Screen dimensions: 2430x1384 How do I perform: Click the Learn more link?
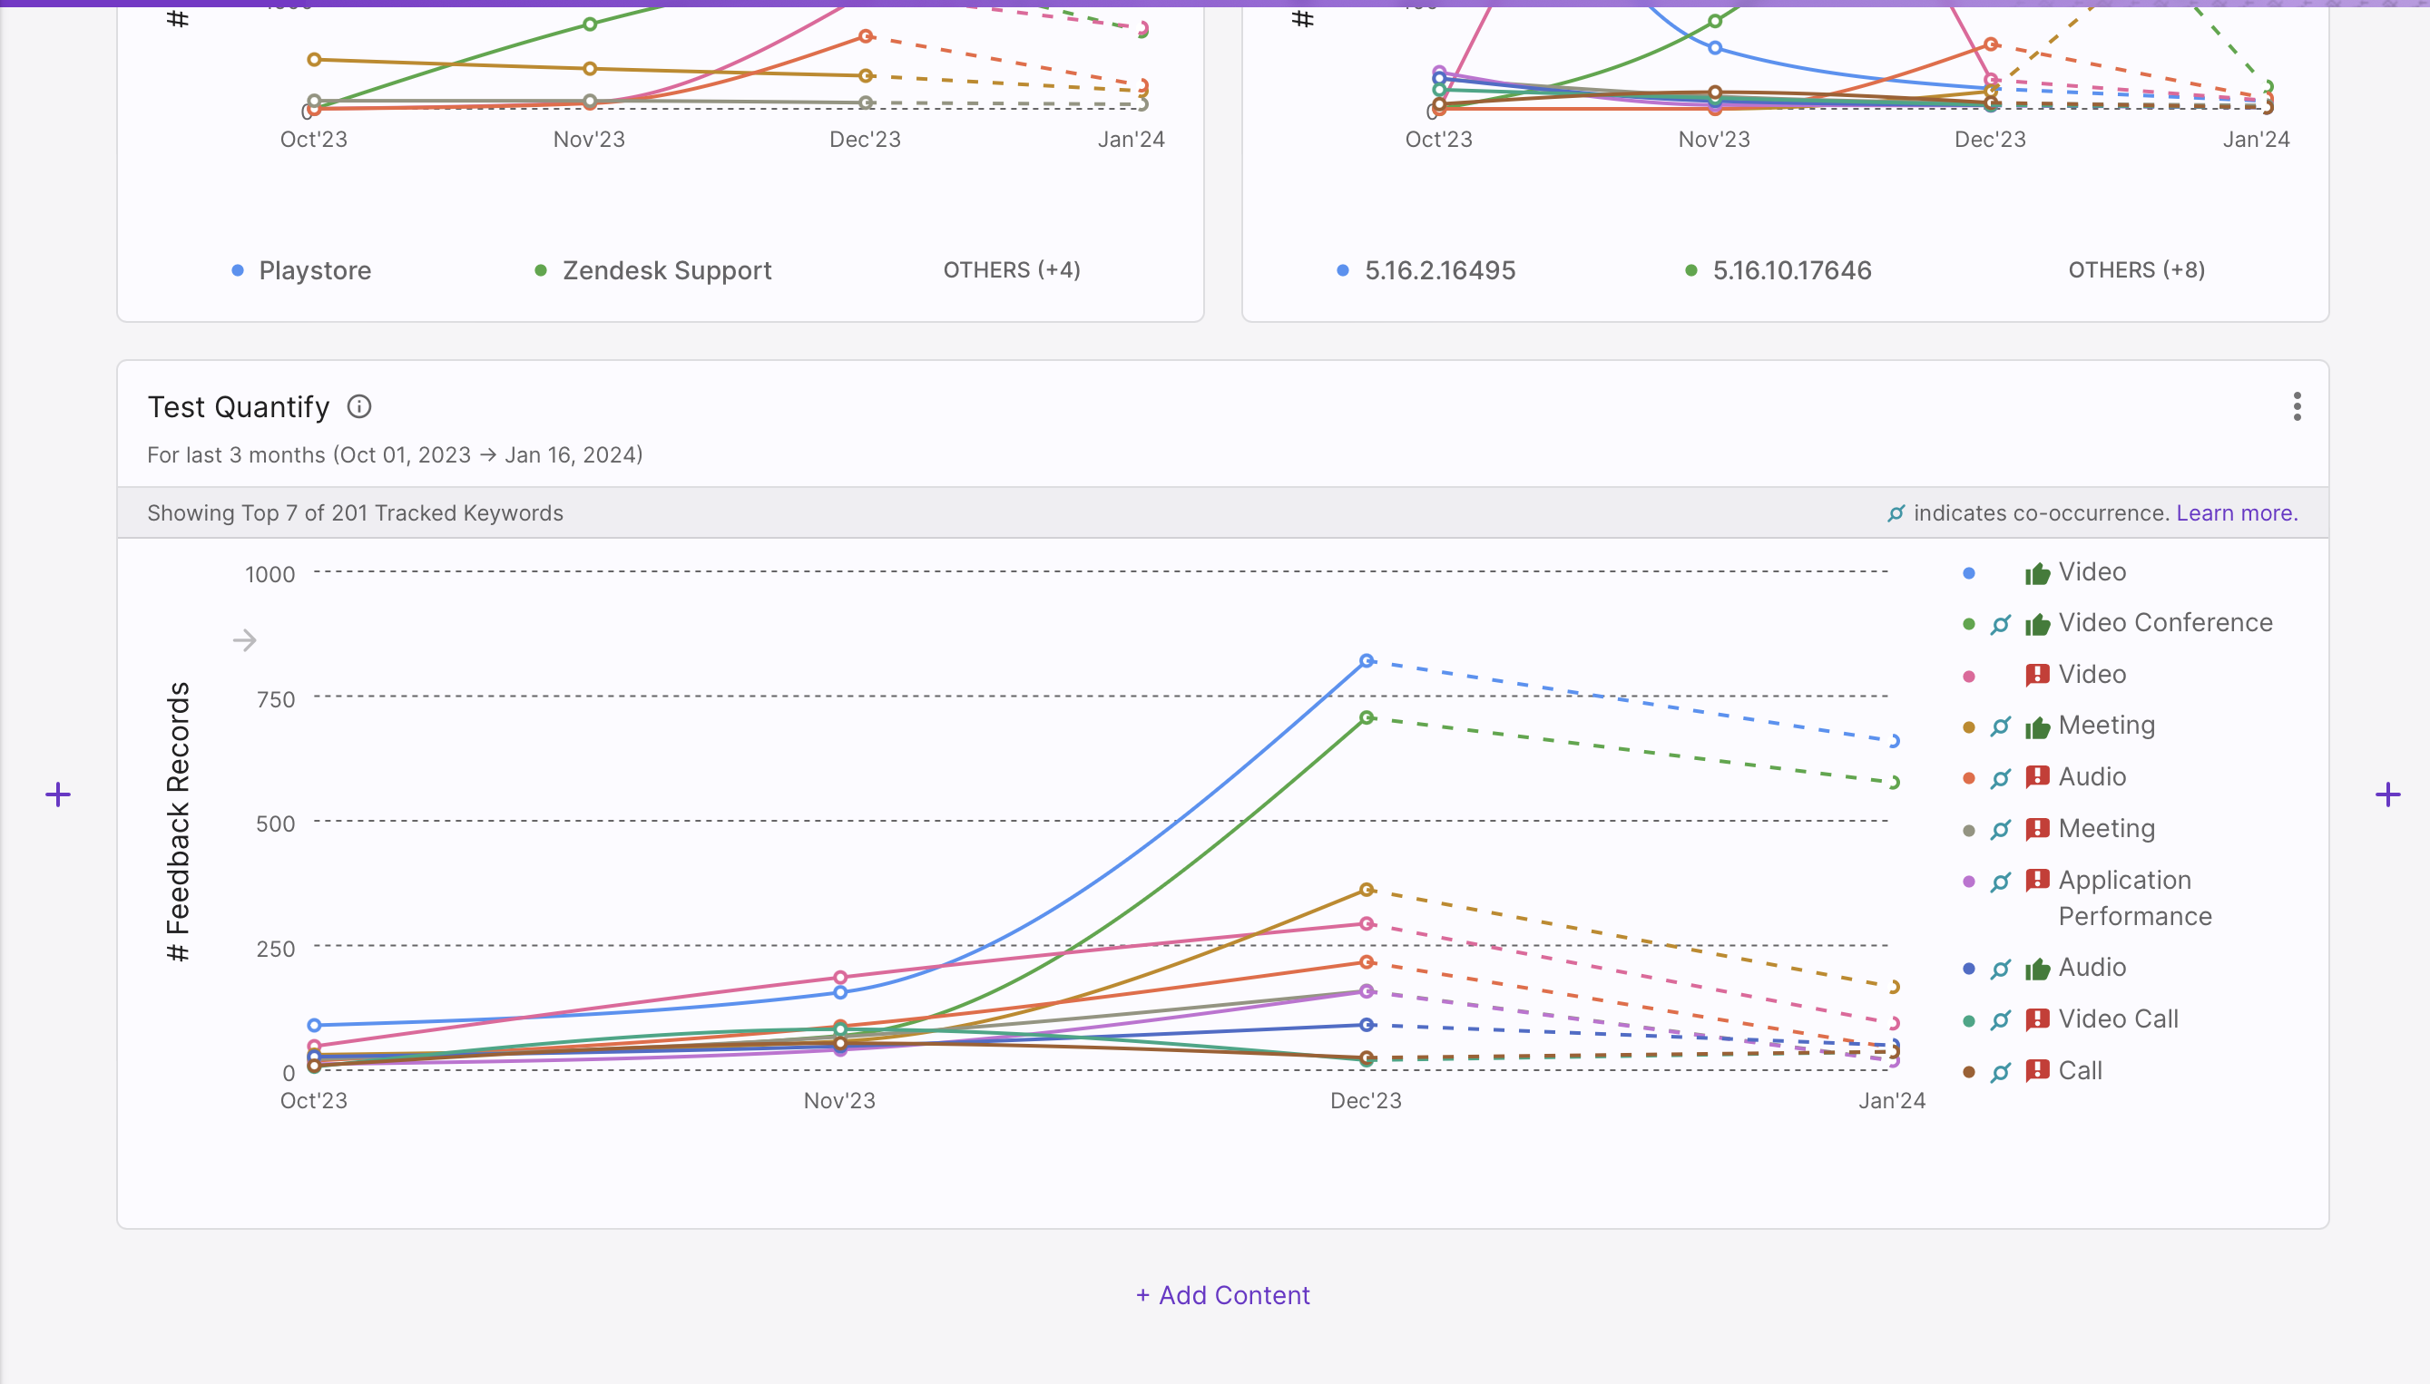click(x=2236, y=513)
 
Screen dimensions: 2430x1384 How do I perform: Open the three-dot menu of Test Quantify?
click(x=2297, y=407)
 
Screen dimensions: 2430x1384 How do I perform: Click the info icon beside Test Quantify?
click(x=358, y=407)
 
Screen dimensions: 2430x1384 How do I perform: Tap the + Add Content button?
click(x=1222, y=1296)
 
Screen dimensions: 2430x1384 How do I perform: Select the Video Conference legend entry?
click(x=2165, y=622)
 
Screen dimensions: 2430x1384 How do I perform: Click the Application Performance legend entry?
click(x=2134, y=898)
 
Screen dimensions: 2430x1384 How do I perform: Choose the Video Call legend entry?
click(x=2117, y=1019)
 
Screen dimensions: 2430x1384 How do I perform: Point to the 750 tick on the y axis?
click(x=276, y=699)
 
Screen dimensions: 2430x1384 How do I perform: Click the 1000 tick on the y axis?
click(x=270, y=574)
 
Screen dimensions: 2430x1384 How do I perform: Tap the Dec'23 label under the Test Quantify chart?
click(x=1366, y=1101)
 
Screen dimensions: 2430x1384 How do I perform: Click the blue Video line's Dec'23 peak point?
click(x=1367, y=660)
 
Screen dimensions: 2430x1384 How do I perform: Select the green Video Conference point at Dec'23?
click(x=1367, y=717)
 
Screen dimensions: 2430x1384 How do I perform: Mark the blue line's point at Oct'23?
click(x=314, y=1026)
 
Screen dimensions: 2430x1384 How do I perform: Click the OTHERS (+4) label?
click(x=1012, y=270)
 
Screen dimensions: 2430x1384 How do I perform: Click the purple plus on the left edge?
click(x=58, y=794)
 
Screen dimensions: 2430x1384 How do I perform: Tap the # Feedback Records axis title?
click(x=178, y=822)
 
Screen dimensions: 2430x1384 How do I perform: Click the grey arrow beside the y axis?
click(x=244, y=640)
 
